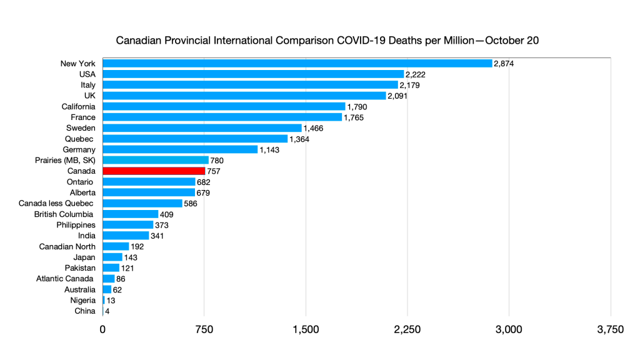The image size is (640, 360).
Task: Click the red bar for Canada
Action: pos(154,171)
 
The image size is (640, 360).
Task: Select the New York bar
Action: pos(297,63)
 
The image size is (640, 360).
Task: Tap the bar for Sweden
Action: pos(202,127)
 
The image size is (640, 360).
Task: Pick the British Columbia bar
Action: pos(130,214)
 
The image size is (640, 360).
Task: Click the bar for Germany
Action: pos(180,149)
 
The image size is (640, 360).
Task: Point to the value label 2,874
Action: pos(504,63)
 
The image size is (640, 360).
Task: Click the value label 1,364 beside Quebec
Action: pos(299,139)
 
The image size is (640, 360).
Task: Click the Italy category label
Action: pos(87,84)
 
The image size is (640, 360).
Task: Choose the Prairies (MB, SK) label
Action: pos(66,160)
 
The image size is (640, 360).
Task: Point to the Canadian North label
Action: pos(67,246)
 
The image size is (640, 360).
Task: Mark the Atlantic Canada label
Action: pos(66,278)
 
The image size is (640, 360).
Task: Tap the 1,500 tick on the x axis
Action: pos(306,329)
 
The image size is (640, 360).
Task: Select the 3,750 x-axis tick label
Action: pos(610,329)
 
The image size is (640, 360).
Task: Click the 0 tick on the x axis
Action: pos(102,329)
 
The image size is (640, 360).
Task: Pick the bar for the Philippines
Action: pos(127,224)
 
